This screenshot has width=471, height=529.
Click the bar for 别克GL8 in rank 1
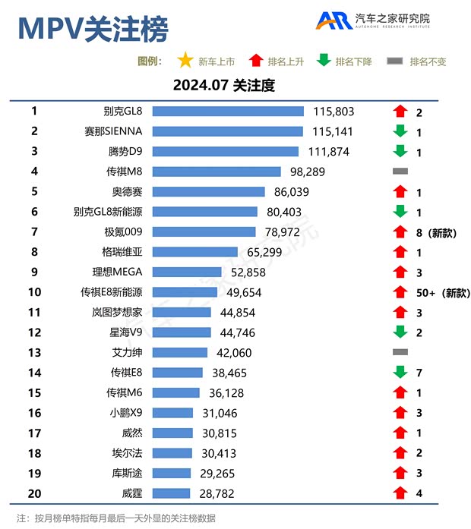[228, 112]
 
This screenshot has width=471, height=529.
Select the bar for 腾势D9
[226, 152]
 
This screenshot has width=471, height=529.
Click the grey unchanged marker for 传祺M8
[400, 172]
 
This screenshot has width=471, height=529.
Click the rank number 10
[35, 292]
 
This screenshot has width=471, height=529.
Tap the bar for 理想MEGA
[187, 272]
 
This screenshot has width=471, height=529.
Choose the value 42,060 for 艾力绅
[232, 353]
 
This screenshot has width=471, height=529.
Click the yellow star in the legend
[185, 61]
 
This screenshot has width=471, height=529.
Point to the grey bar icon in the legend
[395, 61]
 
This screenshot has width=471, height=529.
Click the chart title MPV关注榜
[92, 28]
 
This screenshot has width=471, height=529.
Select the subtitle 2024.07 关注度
[223, 86]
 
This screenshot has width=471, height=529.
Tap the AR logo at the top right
[334, 20]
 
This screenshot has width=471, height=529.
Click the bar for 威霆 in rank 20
[171, 493]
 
